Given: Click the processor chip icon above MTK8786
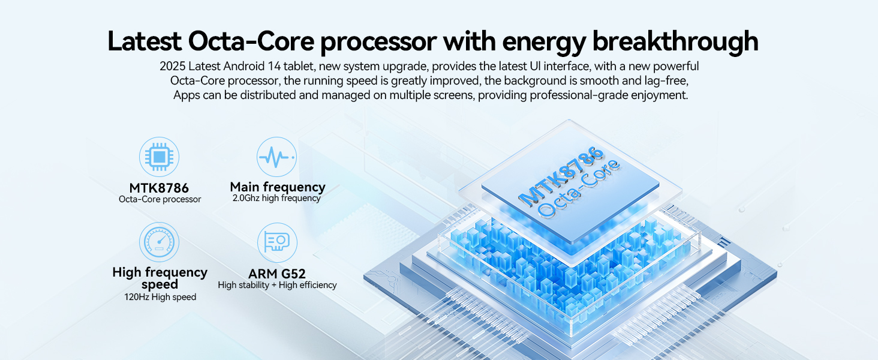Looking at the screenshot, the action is coord(159,157).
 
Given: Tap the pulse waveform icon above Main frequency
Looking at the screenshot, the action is coord(276,157).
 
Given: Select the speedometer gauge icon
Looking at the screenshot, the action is coord(159,242).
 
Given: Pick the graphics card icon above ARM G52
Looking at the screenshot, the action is coord(276,242).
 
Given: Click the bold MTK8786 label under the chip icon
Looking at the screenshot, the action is coord(159,188).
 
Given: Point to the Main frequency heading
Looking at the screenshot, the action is coord(277,187).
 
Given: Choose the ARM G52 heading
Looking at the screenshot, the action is coord(277,274).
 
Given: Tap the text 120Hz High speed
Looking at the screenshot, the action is coord(156,297).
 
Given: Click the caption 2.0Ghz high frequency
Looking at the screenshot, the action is coord(276,198).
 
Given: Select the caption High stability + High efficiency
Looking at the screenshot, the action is coord(277,285).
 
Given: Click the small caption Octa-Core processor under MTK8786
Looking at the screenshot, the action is coord(160,199).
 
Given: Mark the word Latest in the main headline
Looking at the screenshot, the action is coord(144,41).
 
